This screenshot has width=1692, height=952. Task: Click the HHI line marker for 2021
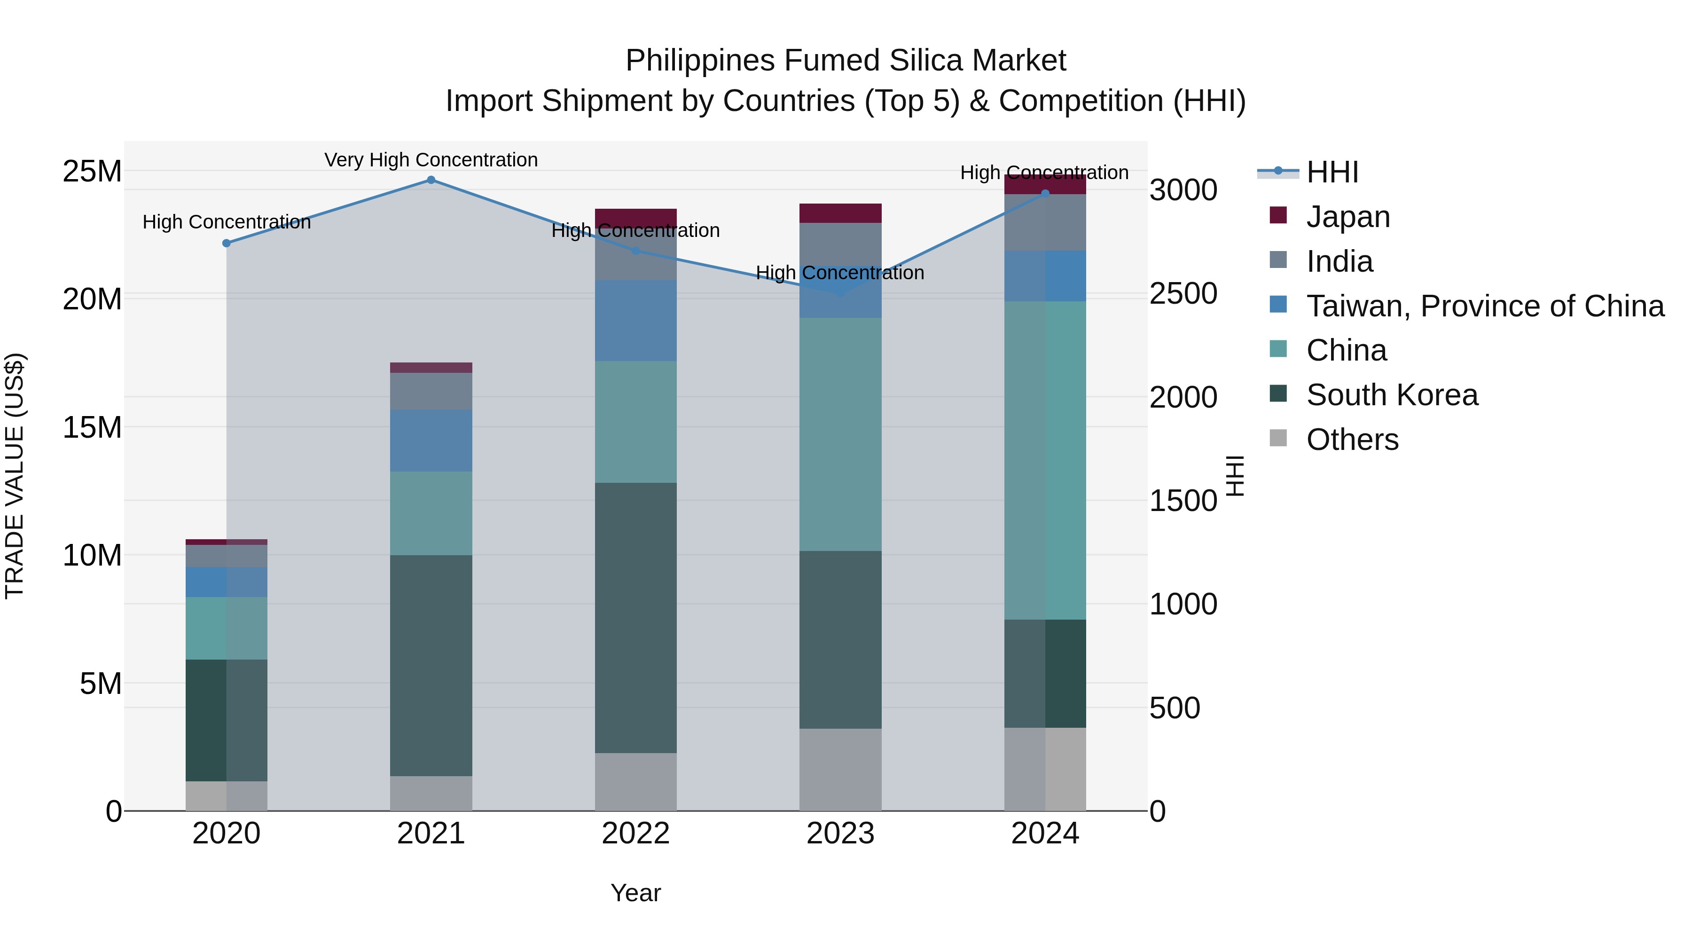click(431, 180)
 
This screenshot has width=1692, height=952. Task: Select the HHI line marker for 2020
click(227, 243)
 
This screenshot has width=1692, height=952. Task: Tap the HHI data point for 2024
click(1045, 193)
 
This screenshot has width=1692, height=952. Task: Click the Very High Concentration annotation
click(431, 160)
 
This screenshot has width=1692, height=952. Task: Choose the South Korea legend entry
click(1391, 395)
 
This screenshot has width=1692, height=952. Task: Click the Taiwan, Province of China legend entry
click(1484, 306)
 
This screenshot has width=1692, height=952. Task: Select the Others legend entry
click(1352, 440)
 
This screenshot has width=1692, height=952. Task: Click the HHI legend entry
click(1332, 172)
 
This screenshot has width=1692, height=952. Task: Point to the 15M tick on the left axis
click(92, 427)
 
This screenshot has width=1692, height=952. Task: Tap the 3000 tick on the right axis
click(1183, 190)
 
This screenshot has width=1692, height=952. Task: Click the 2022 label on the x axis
click(635, 834)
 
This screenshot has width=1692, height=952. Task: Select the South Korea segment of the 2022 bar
click(635, 618)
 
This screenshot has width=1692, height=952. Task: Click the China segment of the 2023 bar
click(840, 433)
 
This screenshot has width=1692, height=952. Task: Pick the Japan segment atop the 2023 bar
click(840, 213)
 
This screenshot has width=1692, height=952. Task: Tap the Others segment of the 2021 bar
click(431, 793)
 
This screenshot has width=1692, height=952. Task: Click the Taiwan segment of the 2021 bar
click(431, 440)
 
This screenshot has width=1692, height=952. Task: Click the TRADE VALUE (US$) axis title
click(15, 476)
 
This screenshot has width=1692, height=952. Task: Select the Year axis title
click(635, 893)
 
